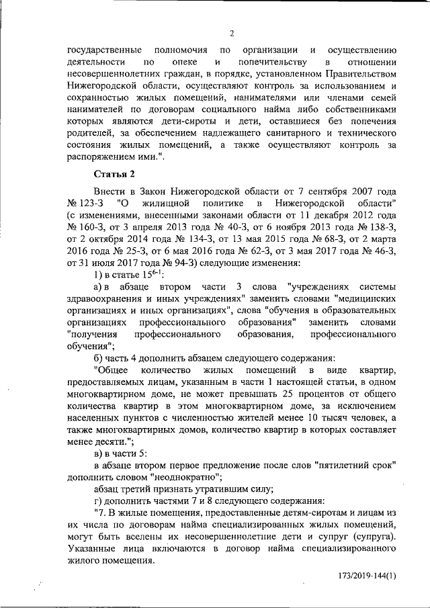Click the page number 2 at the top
click(231, 34)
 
